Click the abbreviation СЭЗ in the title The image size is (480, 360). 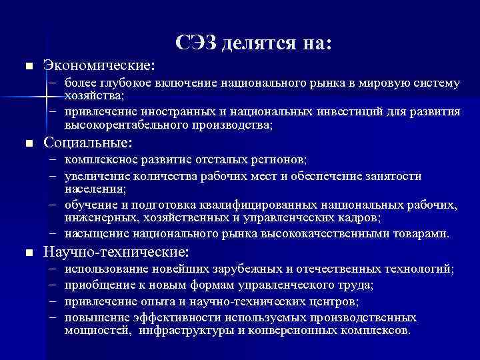198,43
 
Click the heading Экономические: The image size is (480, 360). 99,66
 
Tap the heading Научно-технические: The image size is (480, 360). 116,252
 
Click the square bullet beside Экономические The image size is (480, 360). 27,67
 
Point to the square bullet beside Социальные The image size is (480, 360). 27,143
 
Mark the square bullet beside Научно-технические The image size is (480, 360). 27,253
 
